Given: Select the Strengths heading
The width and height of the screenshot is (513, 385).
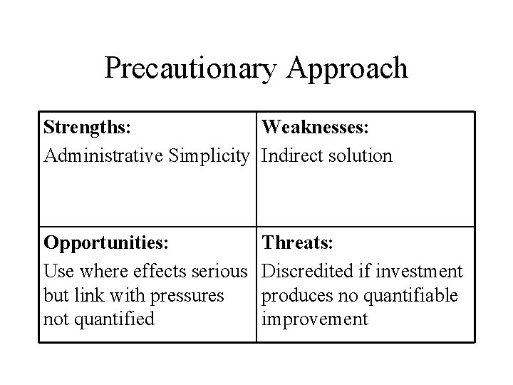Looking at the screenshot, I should [86, 128].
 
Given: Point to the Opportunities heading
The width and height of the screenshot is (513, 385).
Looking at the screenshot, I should [106, 243].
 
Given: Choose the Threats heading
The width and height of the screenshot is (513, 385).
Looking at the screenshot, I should [297, 243].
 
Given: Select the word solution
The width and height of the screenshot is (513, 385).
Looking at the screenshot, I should [359, 155].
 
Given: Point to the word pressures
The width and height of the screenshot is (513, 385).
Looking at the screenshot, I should [187, 295].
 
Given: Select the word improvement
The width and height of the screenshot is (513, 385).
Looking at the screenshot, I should [315, 319].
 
